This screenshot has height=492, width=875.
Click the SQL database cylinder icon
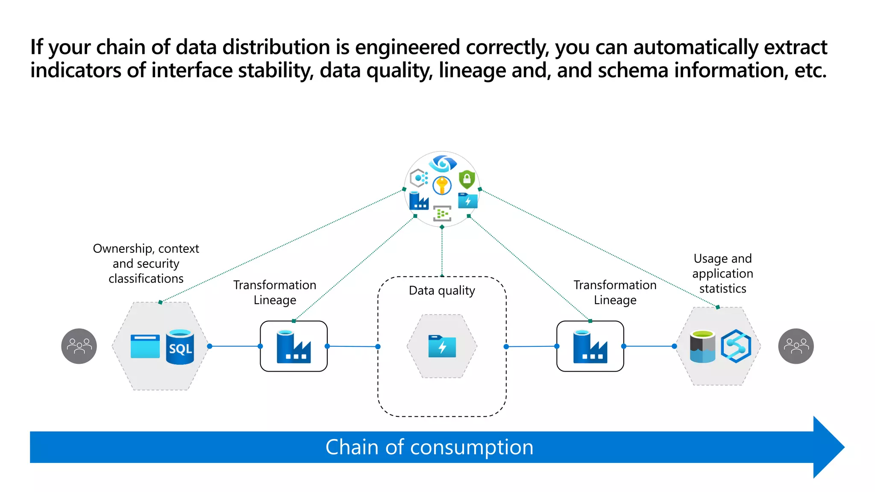pyautogui.click(x=179, y=347)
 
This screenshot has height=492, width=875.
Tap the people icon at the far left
pyautogui.click(x=79, y=346)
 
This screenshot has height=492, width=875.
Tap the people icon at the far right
pyautogui.click(x=796, y=346)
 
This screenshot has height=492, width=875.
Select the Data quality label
pyautogui.click(x=442, y=290)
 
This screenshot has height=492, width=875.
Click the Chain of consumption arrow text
pyautogui.click(x=429, y=447)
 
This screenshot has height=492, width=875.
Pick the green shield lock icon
pyautogui.click(x=467, y=179)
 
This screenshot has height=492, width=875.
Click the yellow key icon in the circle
pyautogui.click(x=442, y=186)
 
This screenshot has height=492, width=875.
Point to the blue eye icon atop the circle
pyautogui.click(x=443, y=163)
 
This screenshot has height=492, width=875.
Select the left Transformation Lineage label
pyautogui.click(x=275, y=292)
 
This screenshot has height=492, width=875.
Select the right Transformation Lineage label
pyautogui.click(x=615, y=292)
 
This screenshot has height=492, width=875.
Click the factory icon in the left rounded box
pyautogui.click(x=294, y=346)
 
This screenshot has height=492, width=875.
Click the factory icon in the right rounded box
pyautogui.click(x=590, y=346)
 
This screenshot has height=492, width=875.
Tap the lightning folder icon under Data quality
pyautogui.click(x=442, y=346)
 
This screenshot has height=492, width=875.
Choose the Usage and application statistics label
pyautogui.click(x=722, y=273)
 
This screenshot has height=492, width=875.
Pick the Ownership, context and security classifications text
pyautogui.click(x=146, y=263)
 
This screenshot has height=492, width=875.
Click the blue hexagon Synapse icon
pyautogui.click(x=736, y=346)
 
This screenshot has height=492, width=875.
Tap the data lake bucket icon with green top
pyautogui.click(x=702, y=346)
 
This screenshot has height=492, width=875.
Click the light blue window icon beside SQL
pyautogui.click(x=145, y=346)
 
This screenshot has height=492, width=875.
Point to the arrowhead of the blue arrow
pyautogui.click(x=829, y=447)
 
